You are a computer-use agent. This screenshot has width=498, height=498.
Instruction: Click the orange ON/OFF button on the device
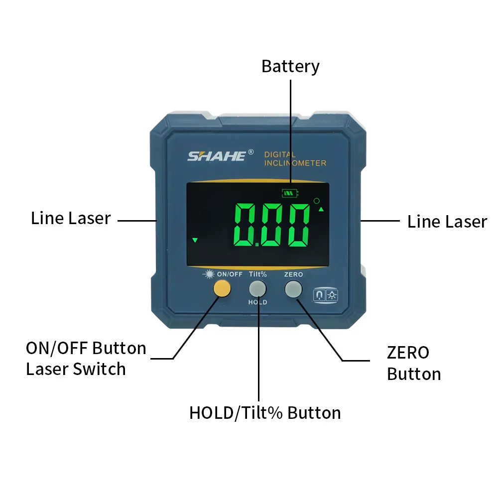point(222,289)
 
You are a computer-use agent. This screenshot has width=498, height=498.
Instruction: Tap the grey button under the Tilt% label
point(257,289)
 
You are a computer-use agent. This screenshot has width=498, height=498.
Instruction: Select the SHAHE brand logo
point(217,156)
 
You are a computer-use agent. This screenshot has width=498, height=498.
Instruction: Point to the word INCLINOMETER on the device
point(295,163)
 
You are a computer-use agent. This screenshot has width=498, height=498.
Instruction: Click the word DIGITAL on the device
point(280,154)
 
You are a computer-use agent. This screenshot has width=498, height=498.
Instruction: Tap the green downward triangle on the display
point(195,241)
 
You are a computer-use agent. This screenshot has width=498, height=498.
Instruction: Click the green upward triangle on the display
point(321,210)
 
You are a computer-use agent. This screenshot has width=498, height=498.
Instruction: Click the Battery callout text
point(290,66)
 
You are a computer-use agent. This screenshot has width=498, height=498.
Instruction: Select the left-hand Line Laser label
point(71,218)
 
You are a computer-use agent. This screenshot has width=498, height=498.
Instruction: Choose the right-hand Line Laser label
point(447,222)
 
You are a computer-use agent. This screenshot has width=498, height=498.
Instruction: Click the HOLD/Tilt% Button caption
point(265,413)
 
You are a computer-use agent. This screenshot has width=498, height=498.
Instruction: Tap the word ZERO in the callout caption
point(408,353)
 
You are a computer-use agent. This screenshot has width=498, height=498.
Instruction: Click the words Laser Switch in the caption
point(76,369)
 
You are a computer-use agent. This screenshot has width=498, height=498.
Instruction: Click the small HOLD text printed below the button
point(257,302)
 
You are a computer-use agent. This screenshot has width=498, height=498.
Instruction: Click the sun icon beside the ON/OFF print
point(209,274)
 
